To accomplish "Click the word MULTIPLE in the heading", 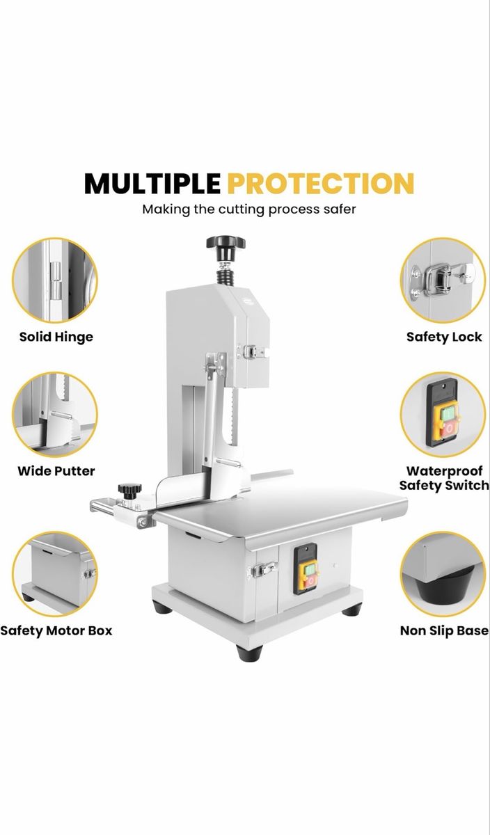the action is pyautogui.click(x=152, y=183).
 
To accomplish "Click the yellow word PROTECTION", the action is pyautogui.click(x=321, y=183).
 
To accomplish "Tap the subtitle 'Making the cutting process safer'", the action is pyautogui.click(x=249, y=209).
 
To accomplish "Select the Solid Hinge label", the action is pyautogui.click(x=56, y=337).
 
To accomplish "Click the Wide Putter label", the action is pyautogui.click(x=56, y=471).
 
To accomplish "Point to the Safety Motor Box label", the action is pyautogui.click(x=56, y=630).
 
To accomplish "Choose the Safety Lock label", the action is pyautogui.click(x=444, y=337).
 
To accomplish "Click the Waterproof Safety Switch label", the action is pyautogui.click(x=444, y=478).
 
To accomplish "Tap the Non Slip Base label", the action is pyautogui.click(x=444, y=630).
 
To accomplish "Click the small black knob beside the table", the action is pyautogui.click(x=129, y=491).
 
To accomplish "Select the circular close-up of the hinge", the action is pyautogui.click(x=55, y=280).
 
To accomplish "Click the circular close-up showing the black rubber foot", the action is pyautogui.click(x=443, y=574).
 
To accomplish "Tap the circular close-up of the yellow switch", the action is pyautogui.click(x=443, y=415).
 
